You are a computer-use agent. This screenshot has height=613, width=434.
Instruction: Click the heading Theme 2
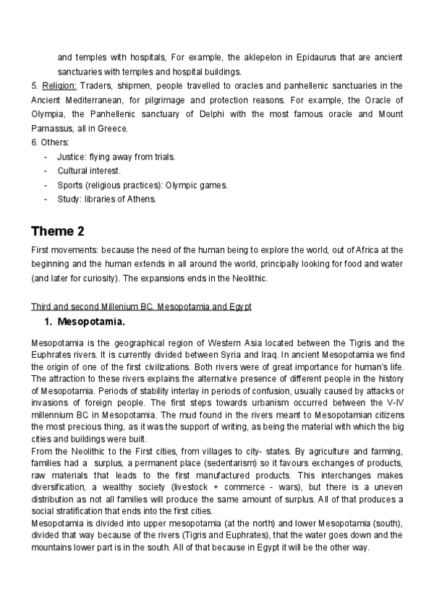57,231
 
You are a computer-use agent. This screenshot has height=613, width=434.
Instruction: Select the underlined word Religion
60,85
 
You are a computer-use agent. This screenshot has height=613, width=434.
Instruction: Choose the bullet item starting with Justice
116,157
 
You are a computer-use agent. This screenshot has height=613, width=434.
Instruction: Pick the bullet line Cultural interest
89,171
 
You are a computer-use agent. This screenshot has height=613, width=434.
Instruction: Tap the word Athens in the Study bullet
141,199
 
